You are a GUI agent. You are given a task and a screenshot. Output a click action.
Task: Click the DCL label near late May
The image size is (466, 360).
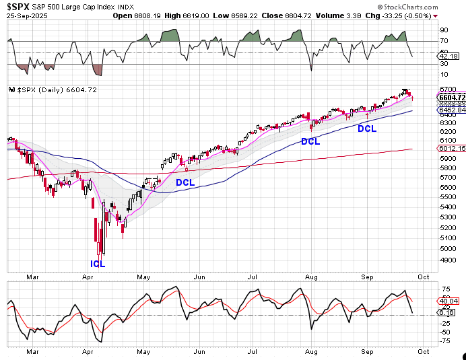185,182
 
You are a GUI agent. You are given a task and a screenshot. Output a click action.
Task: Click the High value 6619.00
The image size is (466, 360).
195,15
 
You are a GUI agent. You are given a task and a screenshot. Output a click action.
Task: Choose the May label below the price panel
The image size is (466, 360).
143,275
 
